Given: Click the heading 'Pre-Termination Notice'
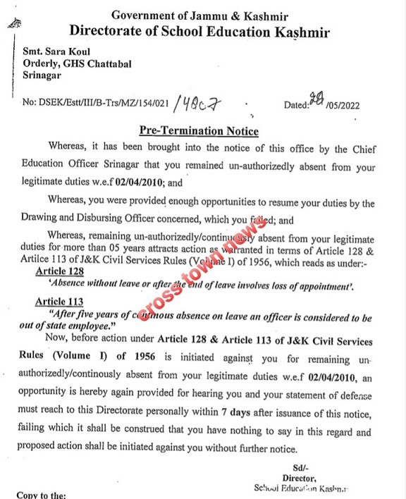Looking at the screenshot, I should point(199,131).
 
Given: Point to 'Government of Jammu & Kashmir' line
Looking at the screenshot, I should point(199,15).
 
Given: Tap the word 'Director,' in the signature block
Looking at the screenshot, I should point(302,477).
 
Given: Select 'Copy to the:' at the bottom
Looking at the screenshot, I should point(42,495).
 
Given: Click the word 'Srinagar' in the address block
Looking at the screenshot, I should point(41,75).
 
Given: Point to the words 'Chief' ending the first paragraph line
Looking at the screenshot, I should point(360,149).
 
